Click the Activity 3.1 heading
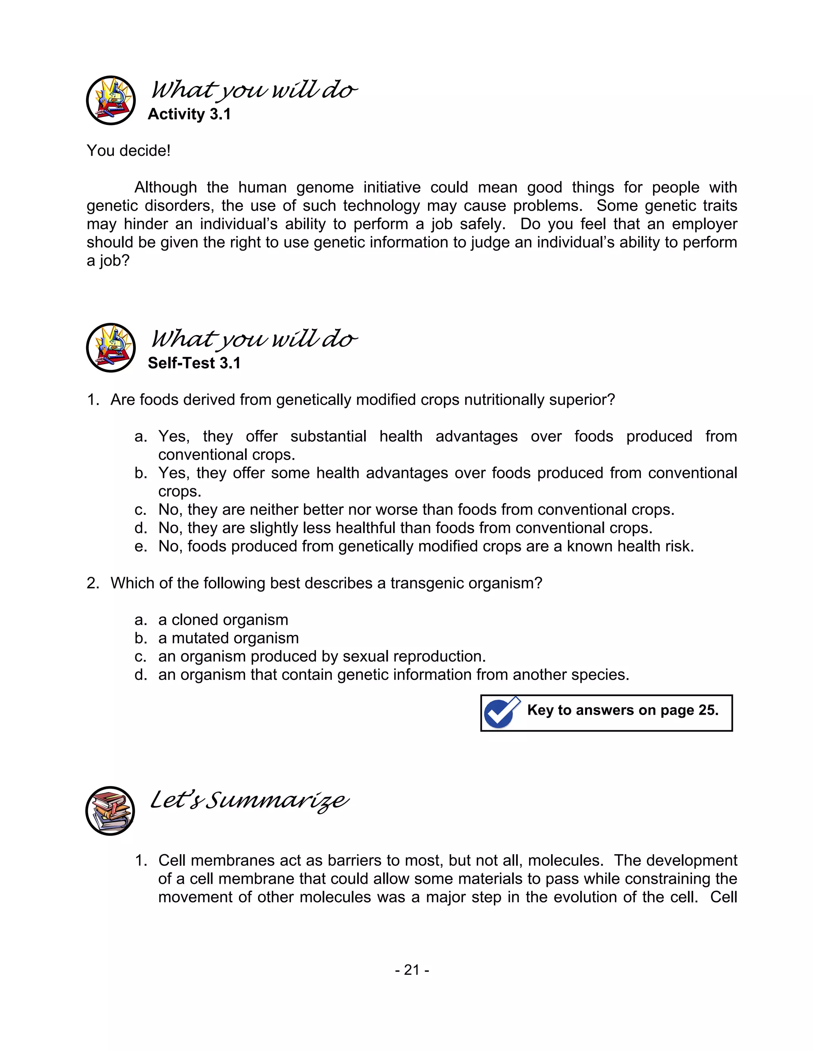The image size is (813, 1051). [189, 114]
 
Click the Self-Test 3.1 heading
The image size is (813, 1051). [194, 363]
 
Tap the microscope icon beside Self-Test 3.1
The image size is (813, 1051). [111, 347]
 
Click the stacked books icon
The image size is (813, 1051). [110, 811]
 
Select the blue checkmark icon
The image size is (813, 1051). [501, 713]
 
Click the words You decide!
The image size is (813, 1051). [129, 151]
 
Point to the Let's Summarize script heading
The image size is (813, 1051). [249, 800]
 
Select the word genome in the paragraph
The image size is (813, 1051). [325, 187]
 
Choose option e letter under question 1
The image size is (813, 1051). [141, 547]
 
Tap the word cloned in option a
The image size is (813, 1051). [198, 620]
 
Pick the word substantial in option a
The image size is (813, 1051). [328, 437]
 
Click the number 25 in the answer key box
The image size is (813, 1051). [707, 710]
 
